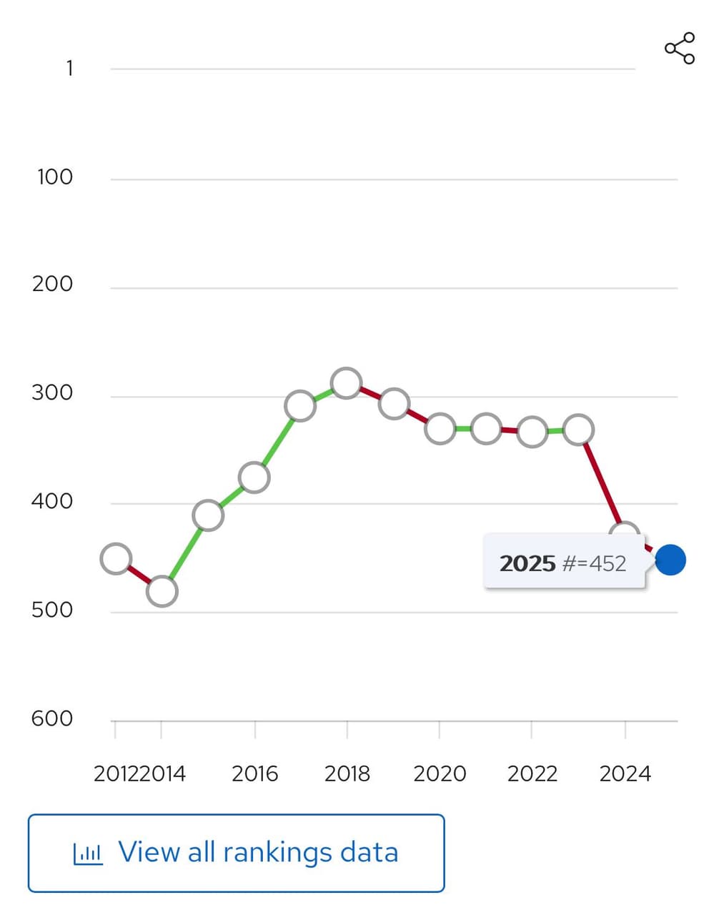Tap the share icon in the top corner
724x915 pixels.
(679, 48)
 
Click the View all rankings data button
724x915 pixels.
(236, 853)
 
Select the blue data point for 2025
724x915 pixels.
(670, 560)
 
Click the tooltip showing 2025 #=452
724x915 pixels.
(564, 563)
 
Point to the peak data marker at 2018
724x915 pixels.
(347, 384)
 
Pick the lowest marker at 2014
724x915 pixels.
(162, 591)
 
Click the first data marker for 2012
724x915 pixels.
(116, 558)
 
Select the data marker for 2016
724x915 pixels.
(254, 477)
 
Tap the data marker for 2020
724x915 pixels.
(440, 429)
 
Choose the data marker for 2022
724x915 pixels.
(532, 432)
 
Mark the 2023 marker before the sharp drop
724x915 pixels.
(578, 430)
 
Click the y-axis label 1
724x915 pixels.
(69, 69)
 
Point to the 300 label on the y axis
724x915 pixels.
(52, 392)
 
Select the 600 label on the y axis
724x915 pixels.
(52, 718)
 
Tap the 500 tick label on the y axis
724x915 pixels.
(52, 610)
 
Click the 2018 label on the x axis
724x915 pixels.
(347, 773)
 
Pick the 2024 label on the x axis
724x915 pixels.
(625, 773)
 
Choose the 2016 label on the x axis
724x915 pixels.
(254, 773)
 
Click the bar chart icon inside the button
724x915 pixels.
(88, 853)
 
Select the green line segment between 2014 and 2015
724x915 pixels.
(185, 553)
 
